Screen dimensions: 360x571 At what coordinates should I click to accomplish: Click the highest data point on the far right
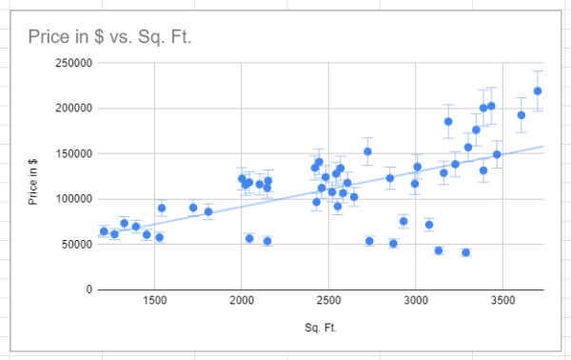click(538, 91)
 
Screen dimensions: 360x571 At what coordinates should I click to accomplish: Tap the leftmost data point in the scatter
click(104, 231)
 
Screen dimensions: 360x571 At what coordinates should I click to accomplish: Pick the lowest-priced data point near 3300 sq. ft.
click(466, 252)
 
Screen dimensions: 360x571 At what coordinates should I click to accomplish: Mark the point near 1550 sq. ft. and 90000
click(162, 208)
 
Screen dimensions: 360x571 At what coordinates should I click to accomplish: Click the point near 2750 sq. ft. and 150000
click(367, 151)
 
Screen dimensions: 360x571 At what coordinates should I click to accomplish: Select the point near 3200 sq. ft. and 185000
click(448, 122)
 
